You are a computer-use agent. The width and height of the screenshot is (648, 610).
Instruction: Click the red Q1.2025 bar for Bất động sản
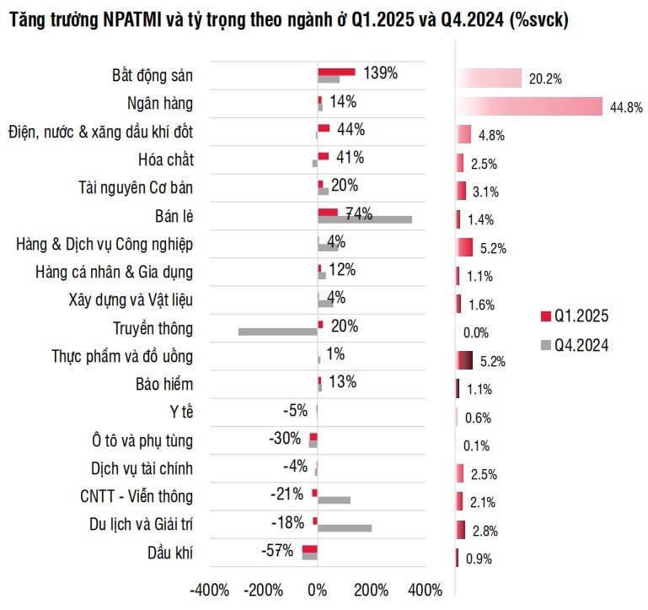(x=335, y=72)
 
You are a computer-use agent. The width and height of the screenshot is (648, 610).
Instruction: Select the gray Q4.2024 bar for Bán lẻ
(x=364, y=219)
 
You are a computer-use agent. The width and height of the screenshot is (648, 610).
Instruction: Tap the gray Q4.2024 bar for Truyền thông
(x=278, y=332)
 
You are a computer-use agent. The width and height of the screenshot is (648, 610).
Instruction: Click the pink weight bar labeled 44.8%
(x=529, y=106)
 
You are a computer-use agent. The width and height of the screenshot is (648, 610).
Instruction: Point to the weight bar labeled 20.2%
(x=490, y=78)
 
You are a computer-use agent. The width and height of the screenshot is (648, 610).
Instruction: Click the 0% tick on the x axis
(x=318, y=589)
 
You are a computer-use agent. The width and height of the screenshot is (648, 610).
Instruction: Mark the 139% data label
(x=380, y=73)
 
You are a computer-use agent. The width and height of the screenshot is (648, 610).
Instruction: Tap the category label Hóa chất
(x=165, y=159)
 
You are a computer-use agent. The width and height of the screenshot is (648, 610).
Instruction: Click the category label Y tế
(x=181, y=413)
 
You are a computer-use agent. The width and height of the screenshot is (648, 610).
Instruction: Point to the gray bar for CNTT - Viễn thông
(x=334, y=500)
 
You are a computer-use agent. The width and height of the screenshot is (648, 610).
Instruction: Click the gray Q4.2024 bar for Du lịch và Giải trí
(x=345, y=528)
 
